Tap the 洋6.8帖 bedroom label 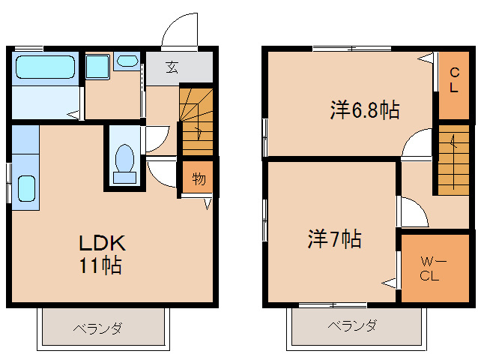(x=363, y=110)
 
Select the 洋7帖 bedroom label (x=334, y=239)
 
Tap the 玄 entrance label (x=172, y=67)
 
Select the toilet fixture (x=124, y=162)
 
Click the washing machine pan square (x=97, y=67)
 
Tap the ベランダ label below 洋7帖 (x=352, y=326)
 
